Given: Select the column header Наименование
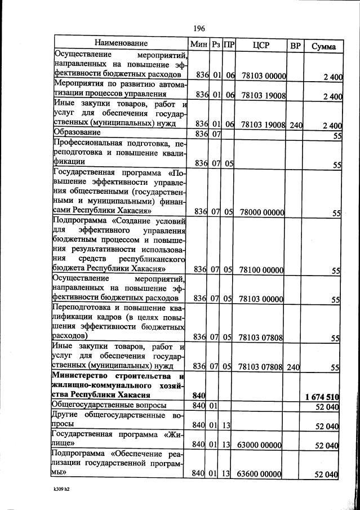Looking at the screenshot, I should tap(121, 43).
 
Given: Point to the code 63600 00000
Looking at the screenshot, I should tap(260, 474).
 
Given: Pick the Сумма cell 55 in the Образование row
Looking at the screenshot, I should tap(336, 135).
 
